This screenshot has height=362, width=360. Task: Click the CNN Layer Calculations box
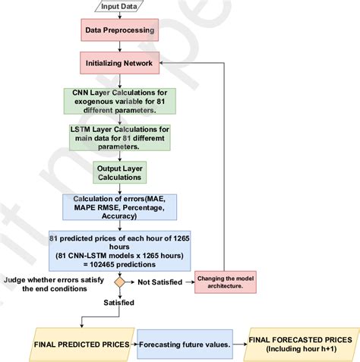pos(120,101)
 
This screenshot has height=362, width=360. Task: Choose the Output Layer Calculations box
pos(120,172)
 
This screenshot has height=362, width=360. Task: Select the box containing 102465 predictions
pos(120,250)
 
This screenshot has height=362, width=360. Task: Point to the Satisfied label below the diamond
pos(120,302)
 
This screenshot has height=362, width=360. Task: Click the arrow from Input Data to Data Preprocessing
pos(120,19)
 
